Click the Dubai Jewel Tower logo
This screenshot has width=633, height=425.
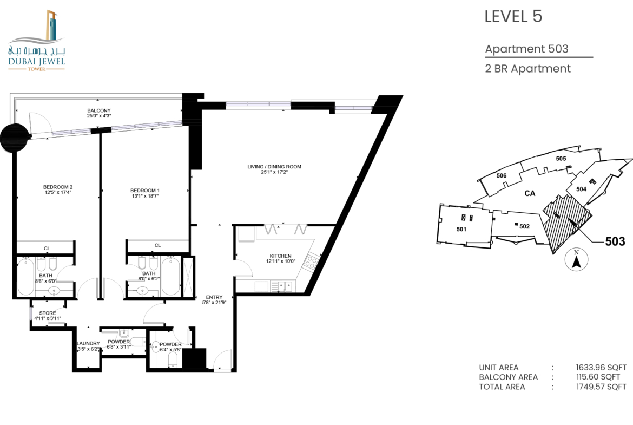(36, 41)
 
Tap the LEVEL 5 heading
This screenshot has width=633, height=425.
(513, 17)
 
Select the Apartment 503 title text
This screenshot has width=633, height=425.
(526, 49)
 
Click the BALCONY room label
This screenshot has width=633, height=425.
(99, 110)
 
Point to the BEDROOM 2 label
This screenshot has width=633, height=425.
(58, 187)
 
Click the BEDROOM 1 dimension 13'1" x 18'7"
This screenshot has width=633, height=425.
(145, 196)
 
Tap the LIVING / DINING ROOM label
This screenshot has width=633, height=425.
(274, 166)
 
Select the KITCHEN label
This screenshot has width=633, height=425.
(281, 256)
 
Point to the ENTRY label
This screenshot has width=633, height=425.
(214, 297)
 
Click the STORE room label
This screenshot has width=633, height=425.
(48, 313)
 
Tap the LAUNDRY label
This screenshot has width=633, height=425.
(88, 343)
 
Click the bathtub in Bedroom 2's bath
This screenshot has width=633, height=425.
(26, 277)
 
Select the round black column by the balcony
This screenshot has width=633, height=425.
(15, 138)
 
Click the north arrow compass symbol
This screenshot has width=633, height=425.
(577, 259)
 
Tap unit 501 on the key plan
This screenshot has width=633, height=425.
(461, 229)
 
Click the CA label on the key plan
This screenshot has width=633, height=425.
(530, 193)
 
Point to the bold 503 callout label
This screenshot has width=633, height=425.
(615, 241)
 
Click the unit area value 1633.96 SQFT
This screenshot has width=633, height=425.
(601, 368)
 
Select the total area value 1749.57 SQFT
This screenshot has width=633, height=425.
(601, 387)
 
